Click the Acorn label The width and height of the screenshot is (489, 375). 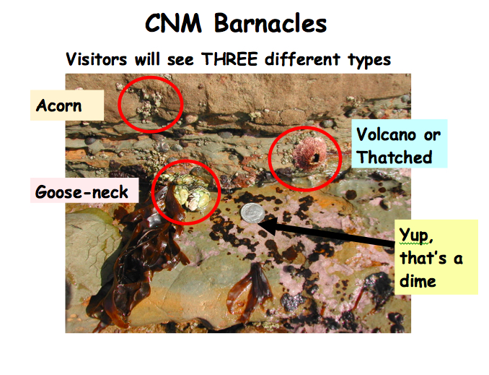(59, 106)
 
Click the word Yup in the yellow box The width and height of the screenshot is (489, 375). (415, 236)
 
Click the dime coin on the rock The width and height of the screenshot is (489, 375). (252, 212)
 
